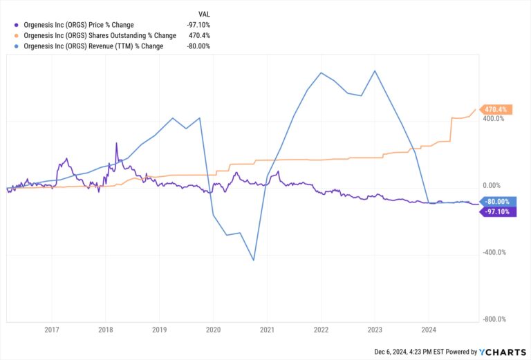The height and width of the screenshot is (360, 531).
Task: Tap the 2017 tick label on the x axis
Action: (x=51, y=330)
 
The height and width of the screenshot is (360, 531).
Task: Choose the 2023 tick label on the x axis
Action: (x=375, y=330)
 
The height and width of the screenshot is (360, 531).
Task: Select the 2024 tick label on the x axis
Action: (x=429, y=330)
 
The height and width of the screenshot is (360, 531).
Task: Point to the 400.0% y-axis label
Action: (x=493, y=119)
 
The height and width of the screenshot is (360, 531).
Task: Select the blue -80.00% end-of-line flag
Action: (x=497, y=202)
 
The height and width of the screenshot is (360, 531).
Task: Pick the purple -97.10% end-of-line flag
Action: (x=497, y=211)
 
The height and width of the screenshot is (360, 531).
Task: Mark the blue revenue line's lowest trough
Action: (x=254, y=260)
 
